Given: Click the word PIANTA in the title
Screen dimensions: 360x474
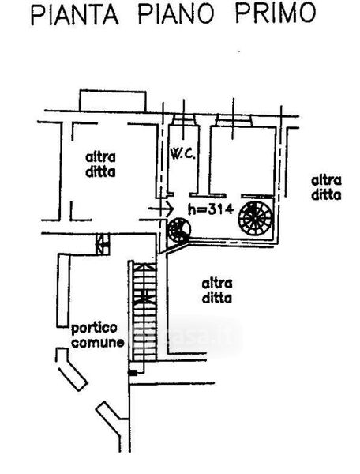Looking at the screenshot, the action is click(x=74, y=13).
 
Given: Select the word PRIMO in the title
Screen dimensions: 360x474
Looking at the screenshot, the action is click(x=276, y=13).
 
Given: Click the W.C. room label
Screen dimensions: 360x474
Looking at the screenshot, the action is click(x=183, y=154).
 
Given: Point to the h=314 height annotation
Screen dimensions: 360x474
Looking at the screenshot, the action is click(x=211, y=209).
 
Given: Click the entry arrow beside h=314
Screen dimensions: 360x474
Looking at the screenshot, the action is click(x=161, y=209).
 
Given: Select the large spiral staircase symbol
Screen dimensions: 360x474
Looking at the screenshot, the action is click(x=255, y=218).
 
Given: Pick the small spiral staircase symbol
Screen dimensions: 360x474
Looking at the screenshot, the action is click(x=178, y=231).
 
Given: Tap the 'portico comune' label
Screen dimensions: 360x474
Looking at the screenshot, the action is click(x=97, y=336).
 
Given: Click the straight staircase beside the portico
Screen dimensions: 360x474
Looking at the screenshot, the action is click(x=143, y=310).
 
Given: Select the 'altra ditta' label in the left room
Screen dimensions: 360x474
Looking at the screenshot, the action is click(x=100, y=165).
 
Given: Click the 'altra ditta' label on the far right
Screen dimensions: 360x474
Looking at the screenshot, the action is click(x=326, y=188).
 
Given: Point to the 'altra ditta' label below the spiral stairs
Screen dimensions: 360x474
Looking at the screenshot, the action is click(x=217, y=291).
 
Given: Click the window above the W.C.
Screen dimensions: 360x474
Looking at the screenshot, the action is click(x=184, y=120).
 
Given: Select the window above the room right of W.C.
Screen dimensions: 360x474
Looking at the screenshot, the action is click(x=233, y=121).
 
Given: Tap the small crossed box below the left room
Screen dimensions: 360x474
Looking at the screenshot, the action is click(x=103, y=244).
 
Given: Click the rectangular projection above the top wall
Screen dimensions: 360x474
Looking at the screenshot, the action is click(x=113, y=100).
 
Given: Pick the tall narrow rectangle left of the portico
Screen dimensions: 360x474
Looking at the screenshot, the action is click(x=63, y=291).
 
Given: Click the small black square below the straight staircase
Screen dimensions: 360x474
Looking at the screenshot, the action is click(x=133, y=374).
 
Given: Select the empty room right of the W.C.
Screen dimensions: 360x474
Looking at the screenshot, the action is click(x=242, y=160).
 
